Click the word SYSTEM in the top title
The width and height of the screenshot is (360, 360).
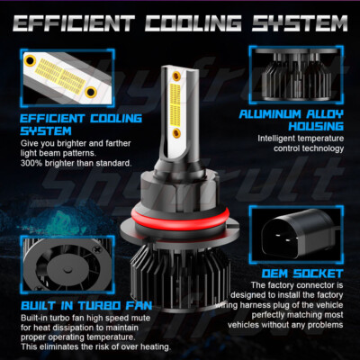[x=300, y=23]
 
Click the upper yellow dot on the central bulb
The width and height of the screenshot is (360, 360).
[x=176, y=76]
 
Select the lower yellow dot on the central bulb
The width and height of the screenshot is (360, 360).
[x=176, y=132]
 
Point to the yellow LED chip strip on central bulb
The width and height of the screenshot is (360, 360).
[x=175, y=104]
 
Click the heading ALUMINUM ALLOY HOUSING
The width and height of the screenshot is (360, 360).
[x=292, y=120]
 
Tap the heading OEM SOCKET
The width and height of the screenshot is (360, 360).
[x=302, y=274]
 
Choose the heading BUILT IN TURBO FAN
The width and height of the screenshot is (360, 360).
[x=86, y=306]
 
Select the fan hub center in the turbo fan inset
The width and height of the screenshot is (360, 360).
[x=68, y=269]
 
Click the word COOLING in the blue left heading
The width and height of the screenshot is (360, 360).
[x=116, y=119]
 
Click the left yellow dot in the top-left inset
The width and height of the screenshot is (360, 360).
[x=31, y=61]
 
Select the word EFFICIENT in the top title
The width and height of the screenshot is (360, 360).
[x=74, y=23]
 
